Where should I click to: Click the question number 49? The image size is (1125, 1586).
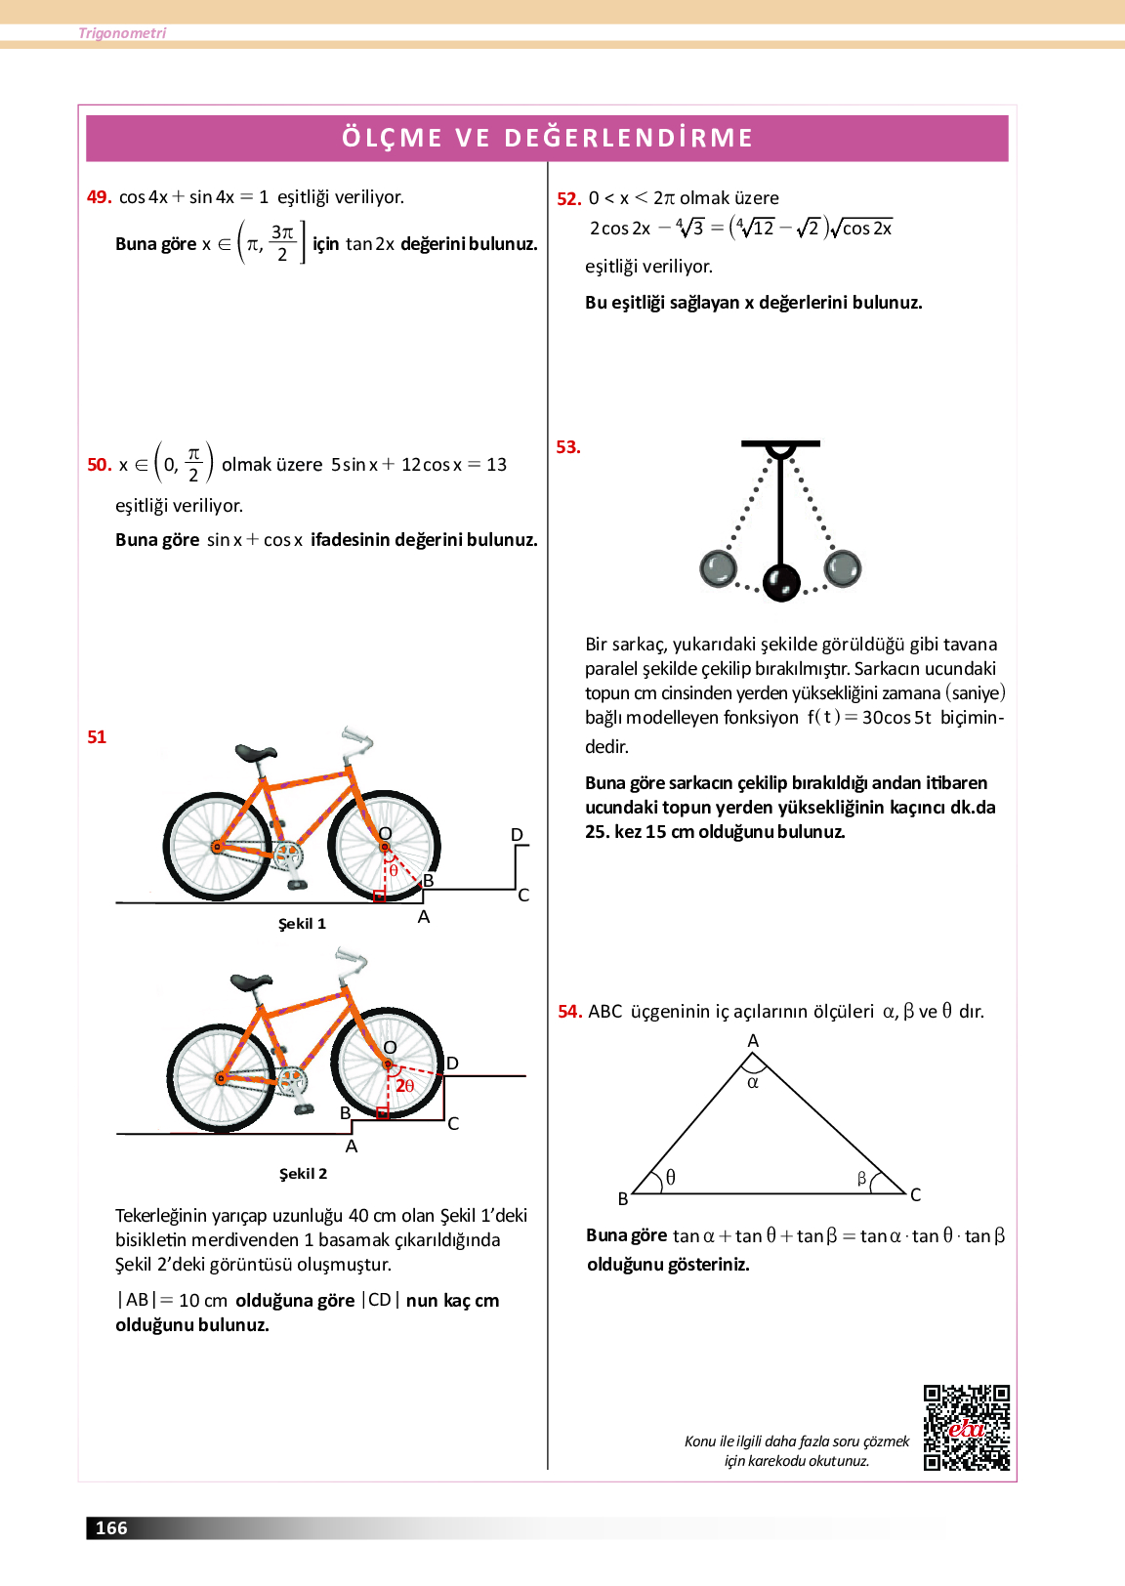99,197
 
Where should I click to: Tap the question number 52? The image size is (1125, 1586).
568,199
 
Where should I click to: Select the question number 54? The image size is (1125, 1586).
569,1012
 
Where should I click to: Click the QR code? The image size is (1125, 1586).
967,1427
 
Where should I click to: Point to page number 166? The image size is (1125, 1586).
111,1528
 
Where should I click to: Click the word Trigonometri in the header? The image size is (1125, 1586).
122,33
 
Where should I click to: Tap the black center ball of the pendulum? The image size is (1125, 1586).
781,583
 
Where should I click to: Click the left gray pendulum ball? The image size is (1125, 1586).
718,568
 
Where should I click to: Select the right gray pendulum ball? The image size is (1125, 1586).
843,567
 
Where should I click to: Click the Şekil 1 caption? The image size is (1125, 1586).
302,924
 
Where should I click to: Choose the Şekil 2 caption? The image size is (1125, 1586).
303,1174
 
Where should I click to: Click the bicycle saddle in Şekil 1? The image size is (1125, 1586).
256,753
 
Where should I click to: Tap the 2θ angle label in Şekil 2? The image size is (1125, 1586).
404,1086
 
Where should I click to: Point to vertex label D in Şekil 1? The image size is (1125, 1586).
517,835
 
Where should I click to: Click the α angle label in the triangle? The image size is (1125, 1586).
753,1082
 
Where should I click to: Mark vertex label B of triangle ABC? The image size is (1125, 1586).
623,1198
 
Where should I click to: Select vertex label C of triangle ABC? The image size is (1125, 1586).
915,1194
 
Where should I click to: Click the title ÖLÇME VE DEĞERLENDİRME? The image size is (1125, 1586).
547,138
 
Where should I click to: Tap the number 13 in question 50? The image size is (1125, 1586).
496,465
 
